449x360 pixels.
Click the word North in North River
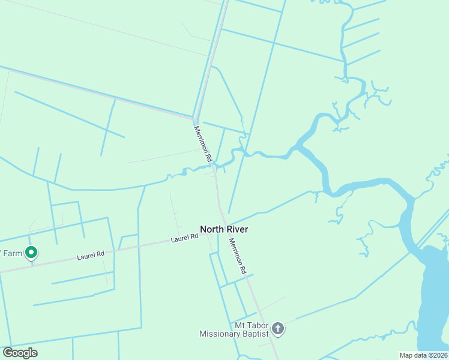[x=212, y=229]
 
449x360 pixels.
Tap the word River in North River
[x=237, y=229]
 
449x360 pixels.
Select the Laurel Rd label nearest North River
[x=184, y=238]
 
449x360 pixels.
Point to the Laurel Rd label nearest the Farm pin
[x=91, y=255]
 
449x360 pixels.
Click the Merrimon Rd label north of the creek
[x=203, y=144]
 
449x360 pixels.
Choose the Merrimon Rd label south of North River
[x=238, y=256]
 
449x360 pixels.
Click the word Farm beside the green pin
[x=12, y=253]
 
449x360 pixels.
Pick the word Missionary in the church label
[x=220, y=334]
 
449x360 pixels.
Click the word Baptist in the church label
[x=255, y=334]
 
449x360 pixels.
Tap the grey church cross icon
[x=277, y=328]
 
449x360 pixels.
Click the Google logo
[x=20, y=353]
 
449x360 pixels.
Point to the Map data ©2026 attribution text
[x=423, y=355]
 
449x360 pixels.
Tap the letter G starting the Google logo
[x=7, y=353]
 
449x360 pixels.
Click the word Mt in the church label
[x=240, y=325]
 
